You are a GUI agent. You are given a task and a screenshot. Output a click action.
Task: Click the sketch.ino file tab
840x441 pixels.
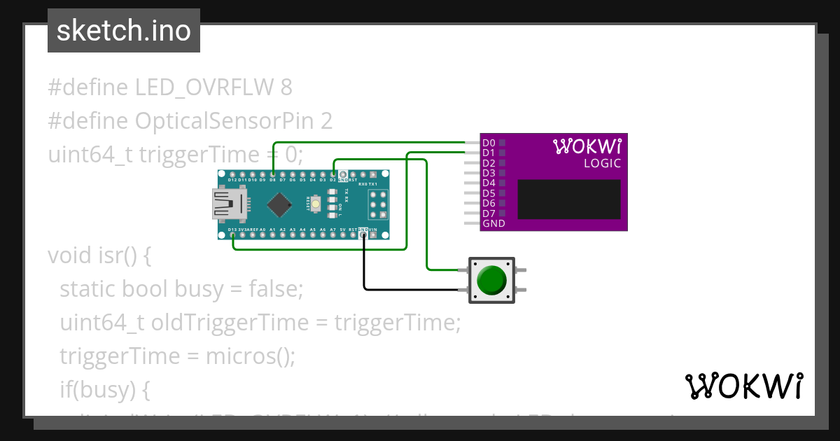click(x=123, y=31)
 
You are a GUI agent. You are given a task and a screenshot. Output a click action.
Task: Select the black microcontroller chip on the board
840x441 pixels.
click(x=280, y=204)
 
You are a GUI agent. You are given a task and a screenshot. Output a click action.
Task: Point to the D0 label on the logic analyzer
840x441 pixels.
click(x=489, y=143)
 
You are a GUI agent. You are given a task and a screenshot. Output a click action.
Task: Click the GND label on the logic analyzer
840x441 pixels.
click(x=493, y=224)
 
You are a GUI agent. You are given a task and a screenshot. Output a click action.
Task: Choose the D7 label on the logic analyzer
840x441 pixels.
click(x=489, y=213)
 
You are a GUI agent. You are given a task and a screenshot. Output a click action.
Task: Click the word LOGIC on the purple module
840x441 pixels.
click(x=602, y=164)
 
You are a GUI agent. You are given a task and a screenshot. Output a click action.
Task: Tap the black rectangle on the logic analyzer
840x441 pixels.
click(x=568, y=199)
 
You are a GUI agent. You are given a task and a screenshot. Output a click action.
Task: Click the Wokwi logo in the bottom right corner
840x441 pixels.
click(x=743, y=386)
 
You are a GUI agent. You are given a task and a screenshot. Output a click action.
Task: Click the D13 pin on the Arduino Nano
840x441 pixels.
click(x=232, y=235)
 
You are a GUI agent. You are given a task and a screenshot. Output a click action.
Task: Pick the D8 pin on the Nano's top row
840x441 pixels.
click(x=272, y=174)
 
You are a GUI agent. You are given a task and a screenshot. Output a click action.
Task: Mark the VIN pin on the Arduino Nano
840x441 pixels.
click(x=373, y=235)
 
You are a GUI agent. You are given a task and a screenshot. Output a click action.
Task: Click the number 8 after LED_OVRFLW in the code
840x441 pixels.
click(x=286, y=87)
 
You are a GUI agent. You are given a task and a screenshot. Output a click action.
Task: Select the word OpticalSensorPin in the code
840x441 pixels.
click(x=226, y=121)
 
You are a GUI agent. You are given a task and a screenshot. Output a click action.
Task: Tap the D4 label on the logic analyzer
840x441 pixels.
click(x=489, y=183)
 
